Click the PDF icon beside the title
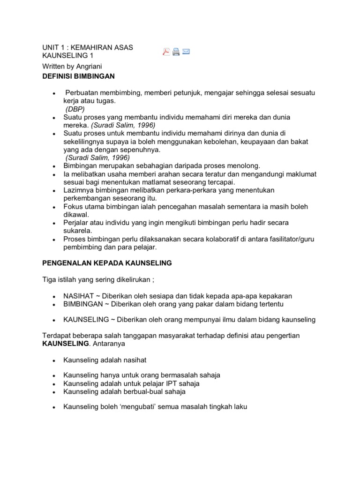pyautogui.click(x=166, y=52)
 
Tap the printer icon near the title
pyautogui.click(x=176, y=52)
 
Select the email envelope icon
pyautogui.click(x=186, y=52)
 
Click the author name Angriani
pyautogui.click(x=88, y=66)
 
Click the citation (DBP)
pyautogui.click(x=75, y=109)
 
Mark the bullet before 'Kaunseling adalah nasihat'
pyautogui.click(x=55, y=360)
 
